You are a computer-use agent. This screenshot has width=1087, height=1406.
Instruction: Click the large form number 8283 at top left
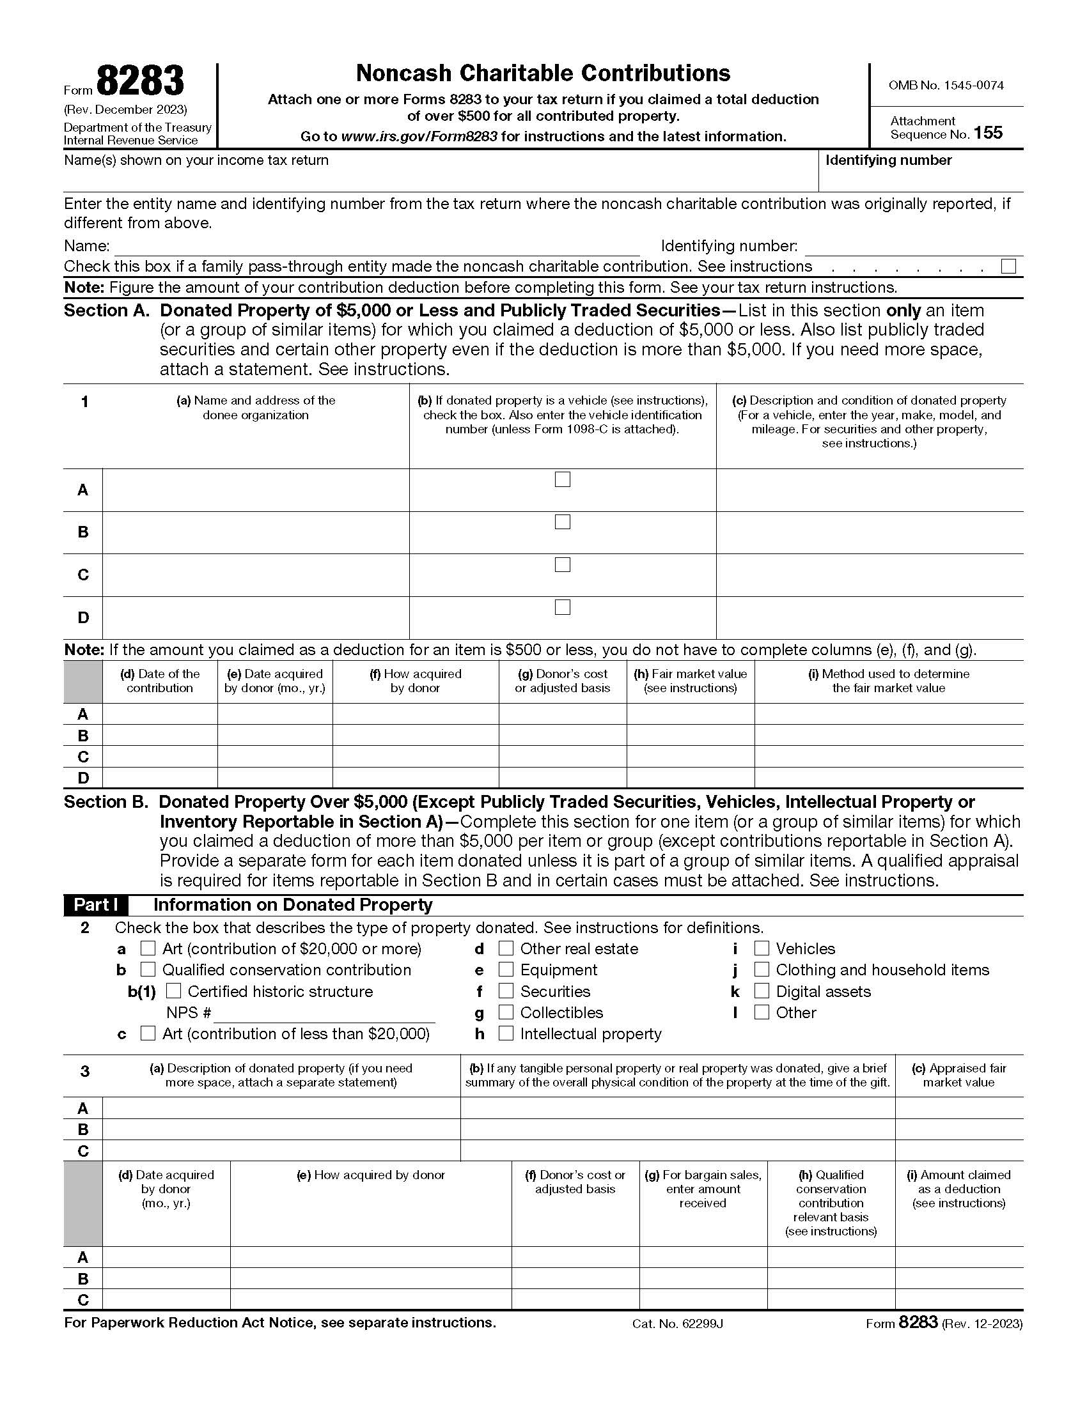[141, 82]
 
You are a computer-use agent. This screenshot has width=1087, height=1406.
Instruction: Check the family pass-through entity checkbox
[1008, 267]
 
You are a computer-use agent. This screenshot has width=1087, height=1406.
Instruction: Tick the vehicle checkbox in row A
[562, 479]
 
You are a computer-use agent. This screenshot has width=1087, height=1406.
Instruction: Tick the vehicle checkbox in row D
[562, 607]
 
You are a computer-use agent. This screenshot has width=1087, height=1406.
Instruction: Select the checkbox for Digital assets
[762, 991]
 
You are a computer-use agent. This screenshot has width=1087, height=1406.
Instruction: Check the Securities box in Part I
[506, 991]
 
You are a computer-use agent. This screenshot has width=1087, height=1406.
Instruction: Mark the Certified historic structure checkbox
[174, 991]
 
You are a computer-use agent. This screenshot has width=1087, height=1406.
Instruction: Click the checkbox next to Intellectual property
[506, 1033]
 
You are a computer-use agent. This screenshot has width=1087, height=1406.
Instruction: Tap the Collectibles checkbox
[506, 1012]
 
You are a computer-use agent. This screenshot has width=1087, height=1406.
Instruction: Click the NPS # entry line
[324, 1014]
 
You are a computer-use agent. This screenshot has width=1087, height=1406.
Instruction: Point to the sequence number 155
[988, 134]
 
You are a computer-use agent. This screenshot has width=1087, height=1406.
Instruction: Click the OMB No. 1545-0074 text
[945, 85]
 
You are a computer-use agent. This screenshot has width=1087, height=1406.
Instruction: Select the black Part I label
[95, 905]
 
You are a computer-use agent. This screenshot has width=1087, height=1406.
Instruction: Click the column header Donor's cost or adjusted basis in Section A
[562, 681]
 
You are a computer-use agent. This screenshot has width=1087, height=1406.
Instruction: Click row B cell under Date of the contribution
[160, 735]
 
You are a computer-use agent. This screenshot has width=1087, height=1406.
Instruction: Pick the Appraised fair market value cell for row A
[958, 1108]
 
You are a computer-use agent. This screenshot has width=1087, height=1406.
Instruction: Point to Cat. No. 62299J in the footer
[677, 1324]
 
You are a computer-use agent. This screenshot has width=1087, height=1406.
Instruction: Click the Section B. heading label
[106, 802]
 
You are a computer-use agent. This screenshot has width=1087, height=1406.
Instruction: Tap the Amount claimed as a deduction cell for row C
[958, 1299]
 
